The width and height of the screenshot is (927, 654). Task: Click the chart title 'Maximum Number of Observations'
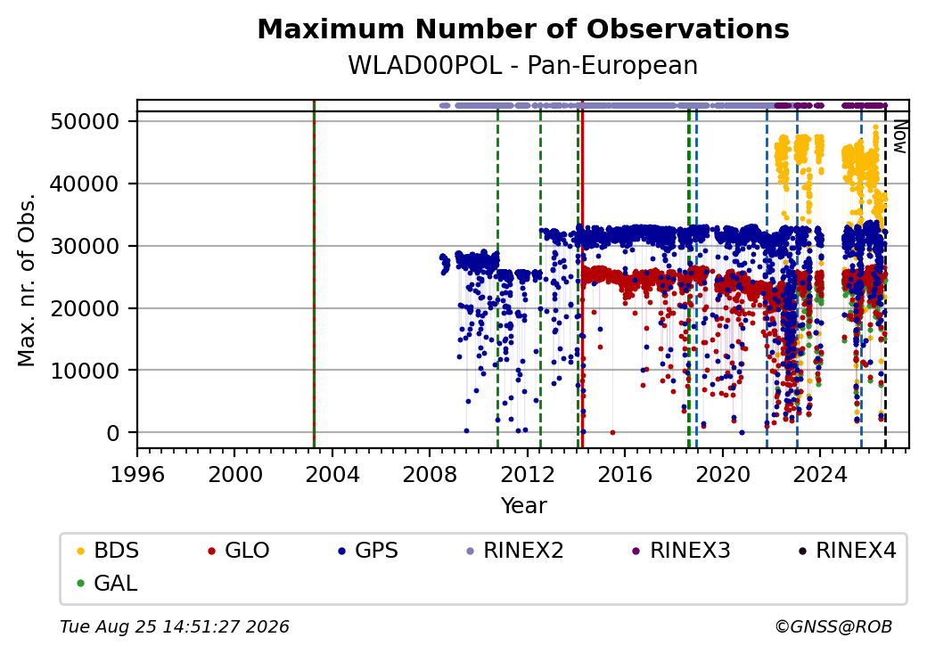[523, 29]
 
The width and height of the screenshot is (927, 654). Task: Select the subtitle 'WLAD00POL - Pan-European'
[523, 65]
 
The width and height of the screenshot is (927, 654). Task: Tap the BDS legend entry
[108, 551]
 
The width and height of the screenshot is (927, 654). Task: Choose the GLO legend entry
[239, 551]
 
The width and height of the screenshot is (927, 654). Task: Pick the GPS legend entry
[368, 551]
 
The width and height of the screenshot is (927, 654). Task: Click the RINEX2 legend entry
[515, 551]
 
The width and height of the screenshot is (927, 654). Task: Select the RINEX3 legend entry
[682, 551]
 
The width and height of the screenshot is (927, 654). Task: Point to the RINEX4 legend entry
[847, 551]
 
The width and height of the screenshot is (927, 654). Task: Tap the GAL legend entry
[108, 583]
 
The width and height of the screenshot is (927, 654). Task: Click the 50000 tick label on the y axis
[86, 122]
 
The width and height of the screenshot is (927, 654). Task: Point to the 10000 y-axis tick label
[86, 371]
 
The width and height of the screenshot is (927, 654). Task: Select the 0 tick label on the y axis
[113, 433]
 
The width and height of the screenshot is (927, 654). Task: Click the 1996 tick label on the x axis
[138, 474]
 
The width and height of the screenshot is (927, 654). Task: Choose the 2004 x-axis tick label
[332, 474]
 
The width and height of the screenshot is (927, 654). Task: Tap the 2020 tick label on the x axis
[723, 474]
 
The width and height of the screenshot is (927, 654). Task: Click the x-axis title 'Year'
[524, 506]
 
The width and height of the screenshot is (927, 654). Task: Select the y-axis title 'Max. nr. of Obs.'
[27, 280]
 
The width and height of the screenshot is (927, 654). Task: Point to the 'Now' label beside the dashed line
[899, 137]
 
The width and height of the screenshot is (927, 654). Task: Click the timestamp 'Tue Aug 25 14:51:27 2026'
[175, 626]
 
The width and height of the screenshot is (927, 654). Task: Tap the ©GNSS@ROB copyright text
[833, 626]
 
